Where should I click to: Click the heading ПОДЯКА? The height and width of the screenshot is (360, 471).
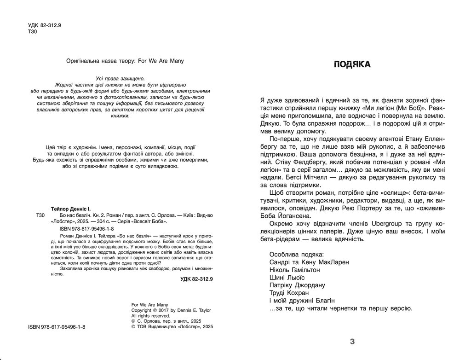[x=352, y=65]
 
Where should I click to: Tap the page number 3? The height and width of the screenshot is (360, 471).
[x=352, y=341]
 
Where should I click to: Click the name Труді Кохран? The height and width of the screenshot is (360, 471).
[x=287, y=292]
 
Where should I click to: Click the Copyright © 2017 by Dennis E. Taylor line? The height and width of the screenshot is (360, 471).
[x=171, y=310]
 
